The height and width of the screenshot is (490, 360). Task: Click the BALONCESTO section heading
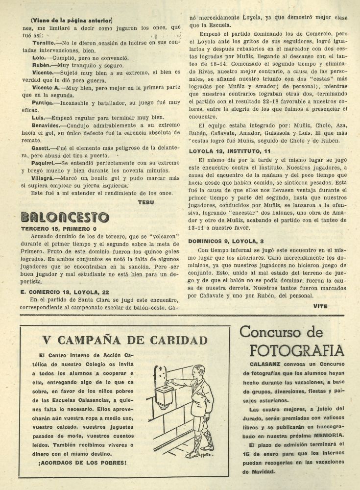click(65, 216)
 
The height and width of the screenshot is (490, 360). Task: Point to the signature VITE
click(321, 306)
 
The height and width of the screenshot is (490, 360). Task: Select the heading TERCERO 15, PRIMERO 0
click(59, 228)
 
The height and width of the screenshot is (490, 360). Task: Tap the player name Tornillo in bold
click(39, 43)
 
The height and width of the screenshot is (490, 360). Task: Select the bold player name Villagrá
click(40, 178)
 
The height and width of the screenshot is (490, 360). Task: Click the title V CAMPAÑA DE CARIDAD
click(125, 340)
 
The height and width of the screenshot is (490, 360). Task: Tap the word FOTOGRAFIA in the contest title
click(297, 351)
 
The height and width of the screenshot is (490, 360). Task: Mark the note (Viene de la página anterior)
click(72, 20)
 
